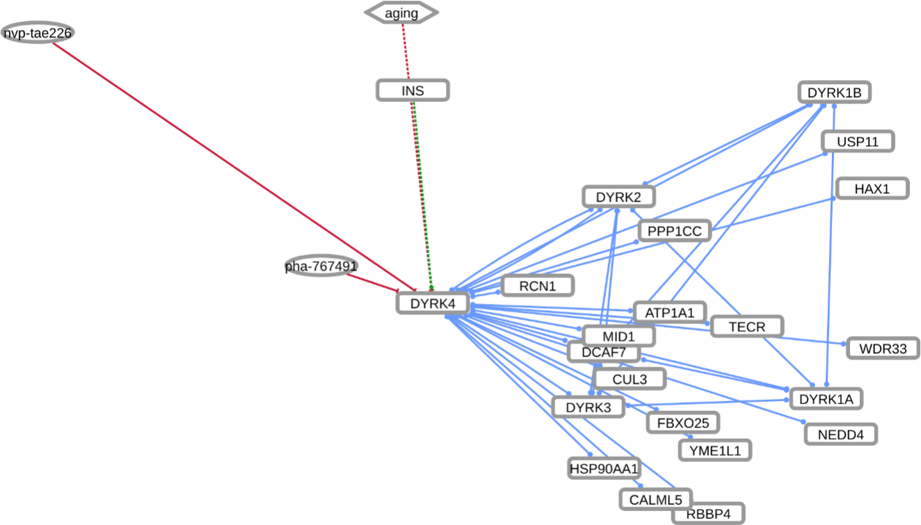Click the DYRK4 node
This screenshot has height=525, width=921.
432,303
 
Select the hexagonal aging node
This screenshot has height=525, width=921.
402,13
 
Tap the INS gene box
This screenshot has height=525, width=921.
413,90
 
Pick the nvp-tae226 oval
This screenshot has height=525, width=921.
38,33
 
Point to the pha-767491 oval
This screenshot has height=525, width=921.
321,266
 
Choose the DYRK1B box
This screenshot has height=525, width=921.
834,92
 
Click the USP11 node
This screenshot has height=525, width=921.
857,142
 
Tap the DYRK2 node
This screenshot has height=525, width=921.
619,197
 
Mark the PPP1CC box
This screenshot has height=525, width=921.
674,231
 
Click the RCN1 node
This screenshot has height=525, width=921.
538,285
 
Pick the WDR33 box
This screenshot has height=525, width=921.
883,348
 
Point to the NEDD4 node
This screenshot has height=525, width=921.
840,435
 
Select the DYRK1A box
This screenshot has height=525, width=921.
826,399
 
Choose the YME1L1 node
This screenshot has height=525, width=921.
715,450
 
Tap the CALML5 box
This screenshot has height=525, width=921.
655,499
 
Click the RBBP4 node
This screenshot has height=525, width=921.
708,514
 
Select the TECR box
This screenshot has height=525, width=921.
747,326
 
